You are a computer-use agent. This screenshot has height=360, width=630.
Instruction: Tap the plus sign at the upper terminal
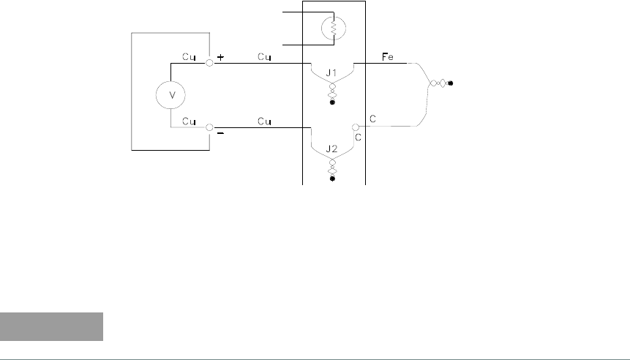(221, 56)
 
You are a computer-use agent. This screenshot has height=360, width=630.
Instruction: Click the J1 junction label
(331, 73)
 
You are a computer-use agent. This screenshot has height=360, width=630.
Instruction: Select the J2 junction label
(331, 149)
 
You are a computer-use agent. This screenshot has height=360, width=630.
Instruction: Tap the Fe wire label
(389, 56)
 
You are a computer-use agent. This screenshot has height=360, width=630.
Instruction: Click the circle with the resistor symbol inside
(332, 29)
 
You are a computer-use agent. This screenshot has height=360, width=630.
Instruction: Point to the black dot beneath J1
(332, 102)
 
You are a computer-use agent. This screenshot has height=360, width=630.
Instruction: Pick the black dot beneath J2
(332, 178)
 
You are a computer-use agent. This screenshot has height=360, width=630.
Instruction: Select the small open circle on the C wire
(356, 127)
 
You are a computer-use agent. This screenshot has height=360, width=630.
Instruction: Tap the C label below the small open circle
(358, 136)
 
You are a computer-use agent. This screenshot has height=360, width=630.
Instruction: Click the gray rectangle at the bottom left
(52, 326)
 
